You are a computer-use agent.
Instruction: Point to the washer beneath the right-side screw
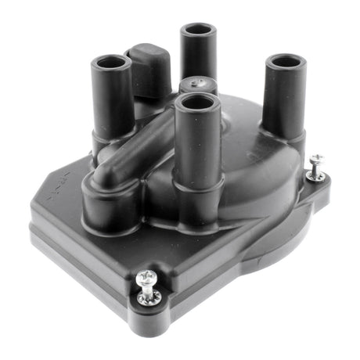316,175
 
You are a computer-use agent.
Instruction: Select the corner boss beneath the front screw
149,309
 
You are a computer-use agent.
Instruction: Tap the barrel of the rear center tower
199,59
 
